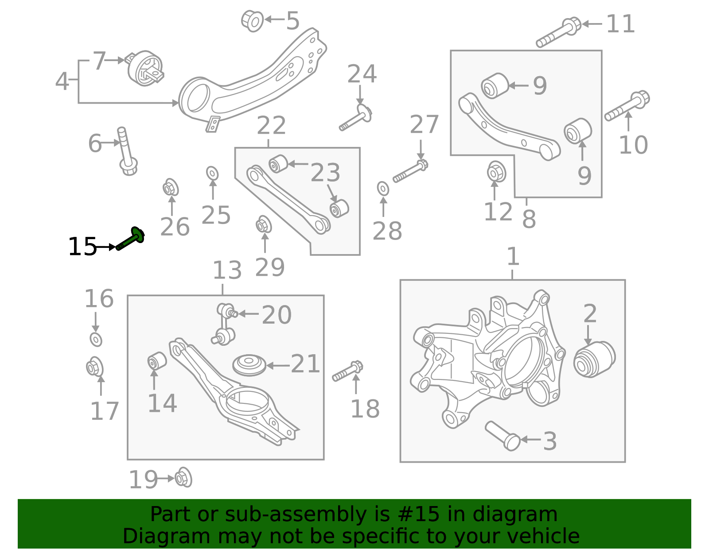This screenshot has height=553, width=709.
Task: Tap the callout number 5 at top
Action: coord(292,21)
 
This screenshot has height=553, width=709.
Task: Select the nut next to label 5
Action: coord(253,20)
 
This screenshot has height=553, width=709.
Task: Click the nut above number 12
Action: coord(496,172)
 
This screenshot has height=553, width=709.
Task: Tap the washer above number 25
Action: coord(212,173)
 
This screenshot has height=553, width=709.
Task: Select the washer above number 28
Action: coord(383,188)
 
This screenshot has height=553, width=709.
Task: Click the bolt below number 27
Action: coord(410,172)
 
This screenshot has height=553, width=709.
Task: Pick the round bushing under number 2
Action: coord(594,359)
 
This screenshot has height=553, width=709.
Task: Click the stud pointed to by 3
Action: coord(503,436)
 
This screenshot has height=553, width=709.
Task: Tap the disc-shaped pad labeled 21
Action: coord(249,365)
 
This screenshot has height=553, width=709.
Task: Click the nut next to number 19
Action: coord(183,478)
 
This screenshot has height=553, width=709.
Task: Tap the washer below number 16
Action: coord(96,340)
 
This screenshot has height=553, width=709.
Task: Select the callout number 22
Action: coord(271,126)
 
